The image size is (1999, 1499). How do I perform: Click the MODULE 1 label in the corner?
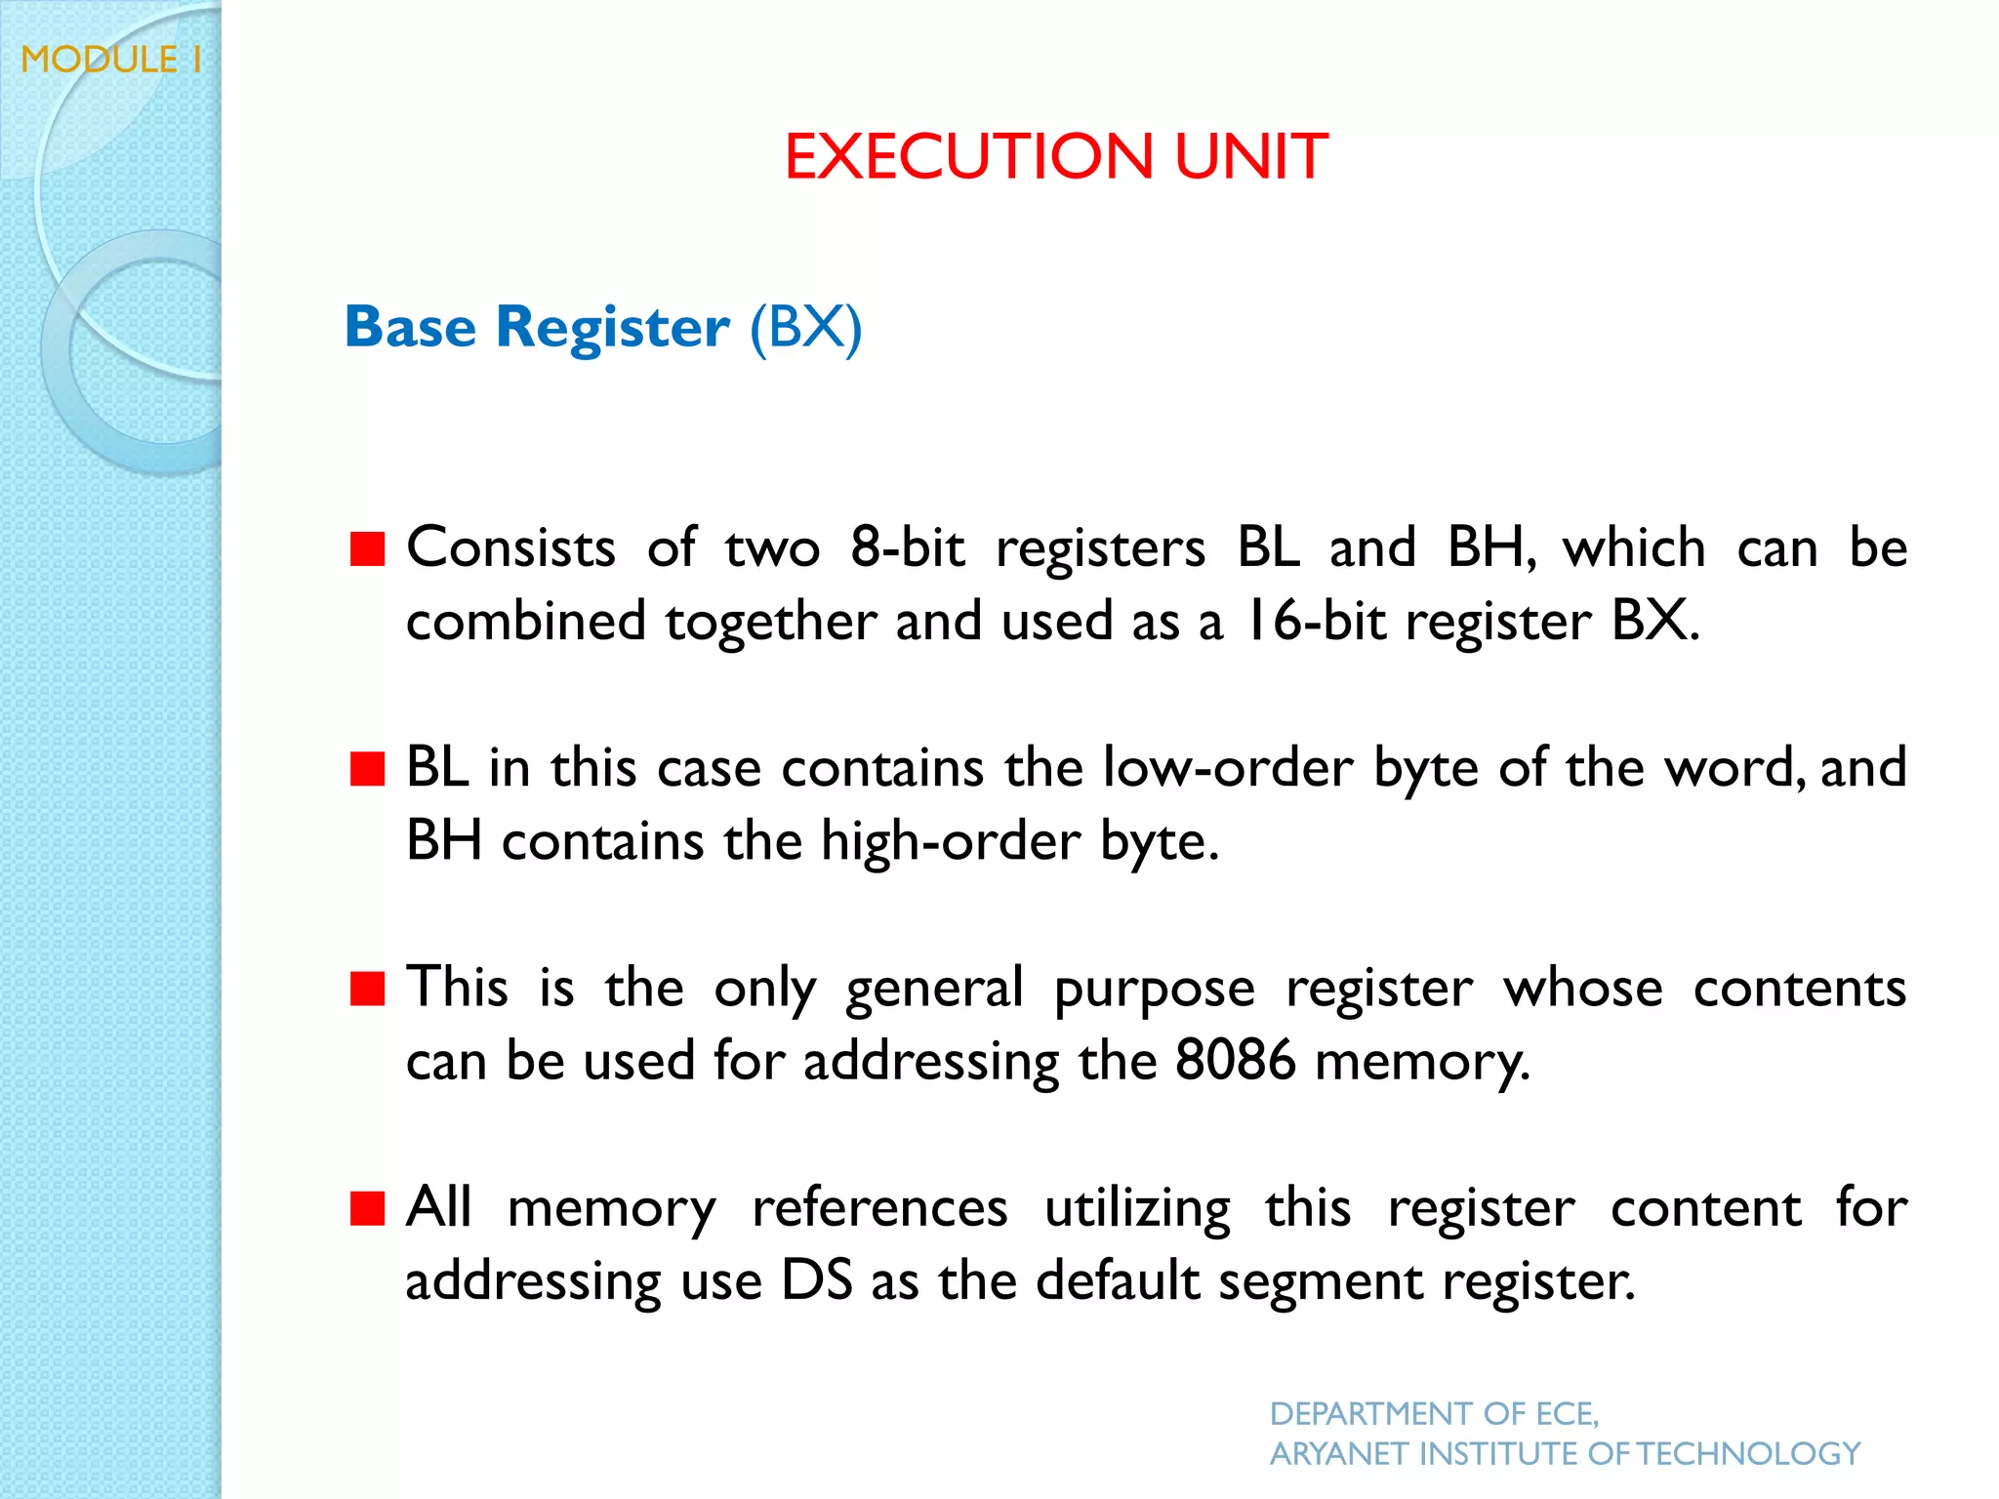111,60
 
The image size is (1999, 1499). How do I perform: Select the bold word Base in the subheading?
410,326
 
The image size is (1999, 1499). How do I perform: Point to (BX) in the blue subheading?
805,326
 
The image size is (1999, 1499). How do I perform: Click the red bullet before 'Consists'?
368,548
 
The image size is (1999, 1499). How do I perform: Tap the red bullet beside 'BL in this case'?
368,768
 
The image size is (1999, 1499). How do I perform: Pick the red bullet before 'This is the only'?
368,988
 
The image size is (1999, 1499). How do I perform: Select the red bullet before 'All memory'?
368,1208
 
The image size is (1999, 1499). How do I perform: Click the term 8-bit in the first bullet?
907,547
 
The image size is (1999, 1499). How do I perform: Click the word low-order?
1227,767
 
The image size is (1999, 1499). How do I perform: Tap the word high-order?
951,841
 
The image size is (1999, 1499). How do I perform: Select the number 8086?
1235,1061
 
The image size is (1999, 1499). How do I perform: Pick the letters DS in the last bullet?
817,1280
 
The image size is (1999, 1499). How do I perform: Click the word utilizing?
1137,1208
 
